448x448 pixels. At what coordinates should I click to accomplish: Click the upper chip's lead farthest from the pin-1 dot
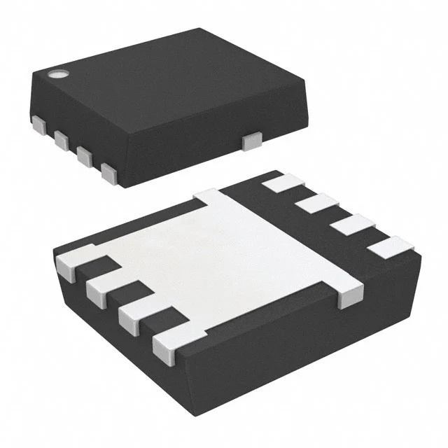pos(108,171)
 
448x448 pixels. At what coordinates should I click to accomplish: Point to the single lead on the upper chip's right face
pos(250,141)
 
